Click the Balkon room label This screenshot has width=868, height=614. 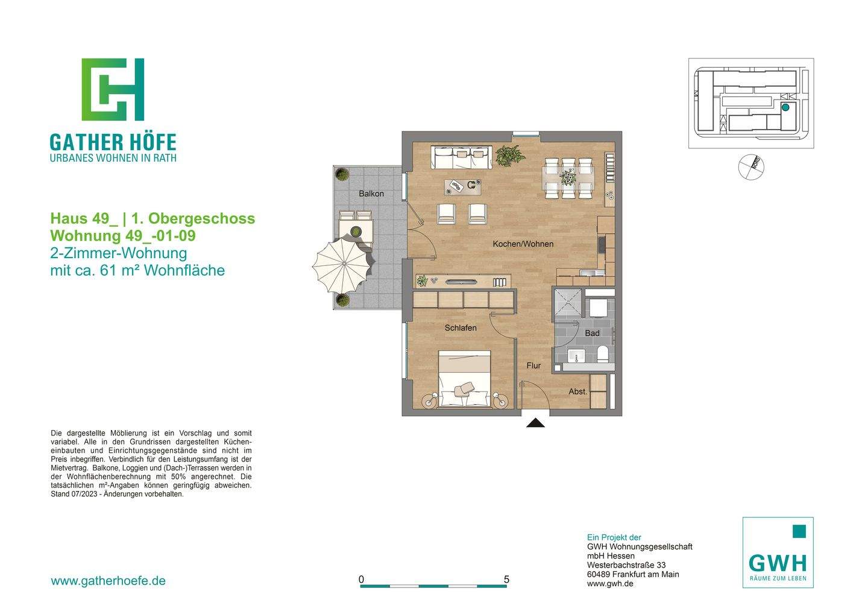click(x=371, y=194)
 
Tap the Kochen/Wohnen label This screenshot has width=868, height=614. click(x=523, y=244)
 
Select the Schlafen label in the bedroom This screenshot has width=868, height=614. click(x=461, y=328)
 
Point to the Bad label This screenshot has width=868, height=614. click(x=592, y=334)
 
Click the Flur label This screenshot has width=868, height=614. click(x=533, y=366)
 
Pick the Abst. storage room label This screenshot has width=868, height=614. click(x=577, y=392)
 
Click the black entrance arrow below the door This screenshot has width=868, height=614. click(x=535, y=423)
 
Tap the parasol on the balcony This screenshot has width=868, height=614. click(x=341, y=265)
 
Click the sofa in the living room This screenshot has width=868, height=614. click(x=461, y=157)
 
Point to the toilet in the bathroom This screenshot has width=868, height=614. click(x=602, y=355)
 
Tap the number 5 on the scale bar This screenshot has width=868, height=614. click(x=506, y=580)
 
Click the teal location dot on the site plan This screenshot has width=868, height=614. click(x=785, y=107)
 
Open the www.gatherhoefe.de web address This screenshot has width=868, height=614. click(x=108, y=581)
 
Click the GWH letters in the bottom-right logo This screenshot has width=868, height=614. click(x=778, y=563)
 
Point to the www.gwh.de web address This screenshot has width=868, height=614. click(x=609, y=584)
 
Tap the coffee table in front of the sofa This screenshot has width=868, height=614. click(x=464, y=186)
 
